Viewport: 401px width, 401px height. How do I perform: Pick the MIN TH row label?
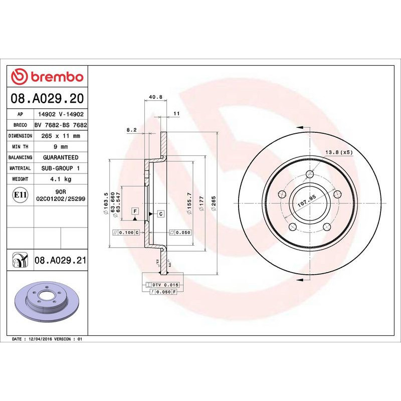click(x=21, y=147)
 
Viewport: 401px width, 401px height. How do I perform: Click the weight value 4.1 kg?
click(x=60, y=179)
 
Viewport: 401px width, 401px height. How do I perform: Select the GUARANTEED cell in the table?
click(x=60, y=157)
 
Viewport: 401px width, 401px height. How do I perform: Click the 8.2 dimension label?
click(x=132, y=130)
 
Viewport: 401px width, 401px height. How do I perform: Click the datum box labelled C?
click(x=160, y=214)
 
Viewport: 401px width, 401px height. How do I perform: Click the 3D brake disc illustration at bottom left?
click(x=48, y=305)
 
